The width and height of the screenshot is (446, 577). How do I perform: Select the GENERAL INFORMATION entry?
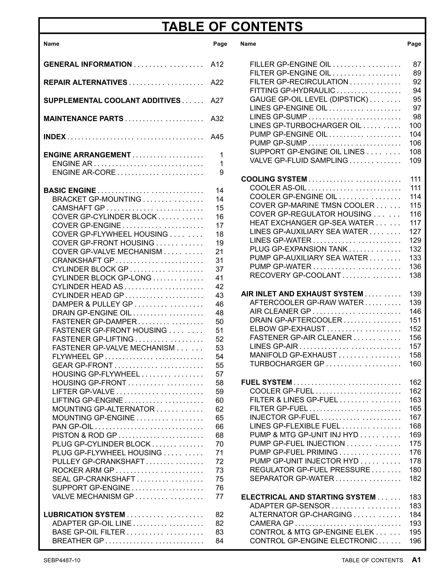88,64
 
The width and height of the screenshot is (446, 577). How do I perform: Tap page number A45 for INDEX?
217,137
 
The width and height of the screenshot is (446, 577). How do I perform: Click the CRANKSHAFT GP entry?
83,260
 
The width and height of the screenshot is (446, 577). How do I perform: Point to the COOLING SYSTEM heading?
274,179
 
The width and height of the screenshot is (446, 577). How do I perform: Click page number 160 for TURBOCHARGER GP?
415,364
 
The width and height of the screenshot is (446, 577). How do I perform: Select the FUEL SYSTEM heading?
266,382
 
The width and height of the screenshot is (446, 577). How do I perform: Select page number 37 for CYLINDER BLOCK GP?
219,269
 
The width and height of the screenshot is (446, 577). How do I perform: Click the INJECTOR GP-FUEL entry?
285,417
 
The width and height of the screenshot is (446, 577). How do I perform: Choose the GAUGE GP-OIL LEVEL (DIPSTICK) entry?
309,99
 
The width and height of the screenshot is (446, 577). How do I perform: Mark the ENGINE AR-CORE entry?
84,172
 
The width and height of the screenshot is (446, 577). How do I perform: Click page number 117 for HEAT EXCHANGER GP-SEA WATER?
415,223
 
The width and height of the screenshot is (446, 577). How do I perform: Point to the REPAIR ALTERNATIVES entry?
85,83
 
